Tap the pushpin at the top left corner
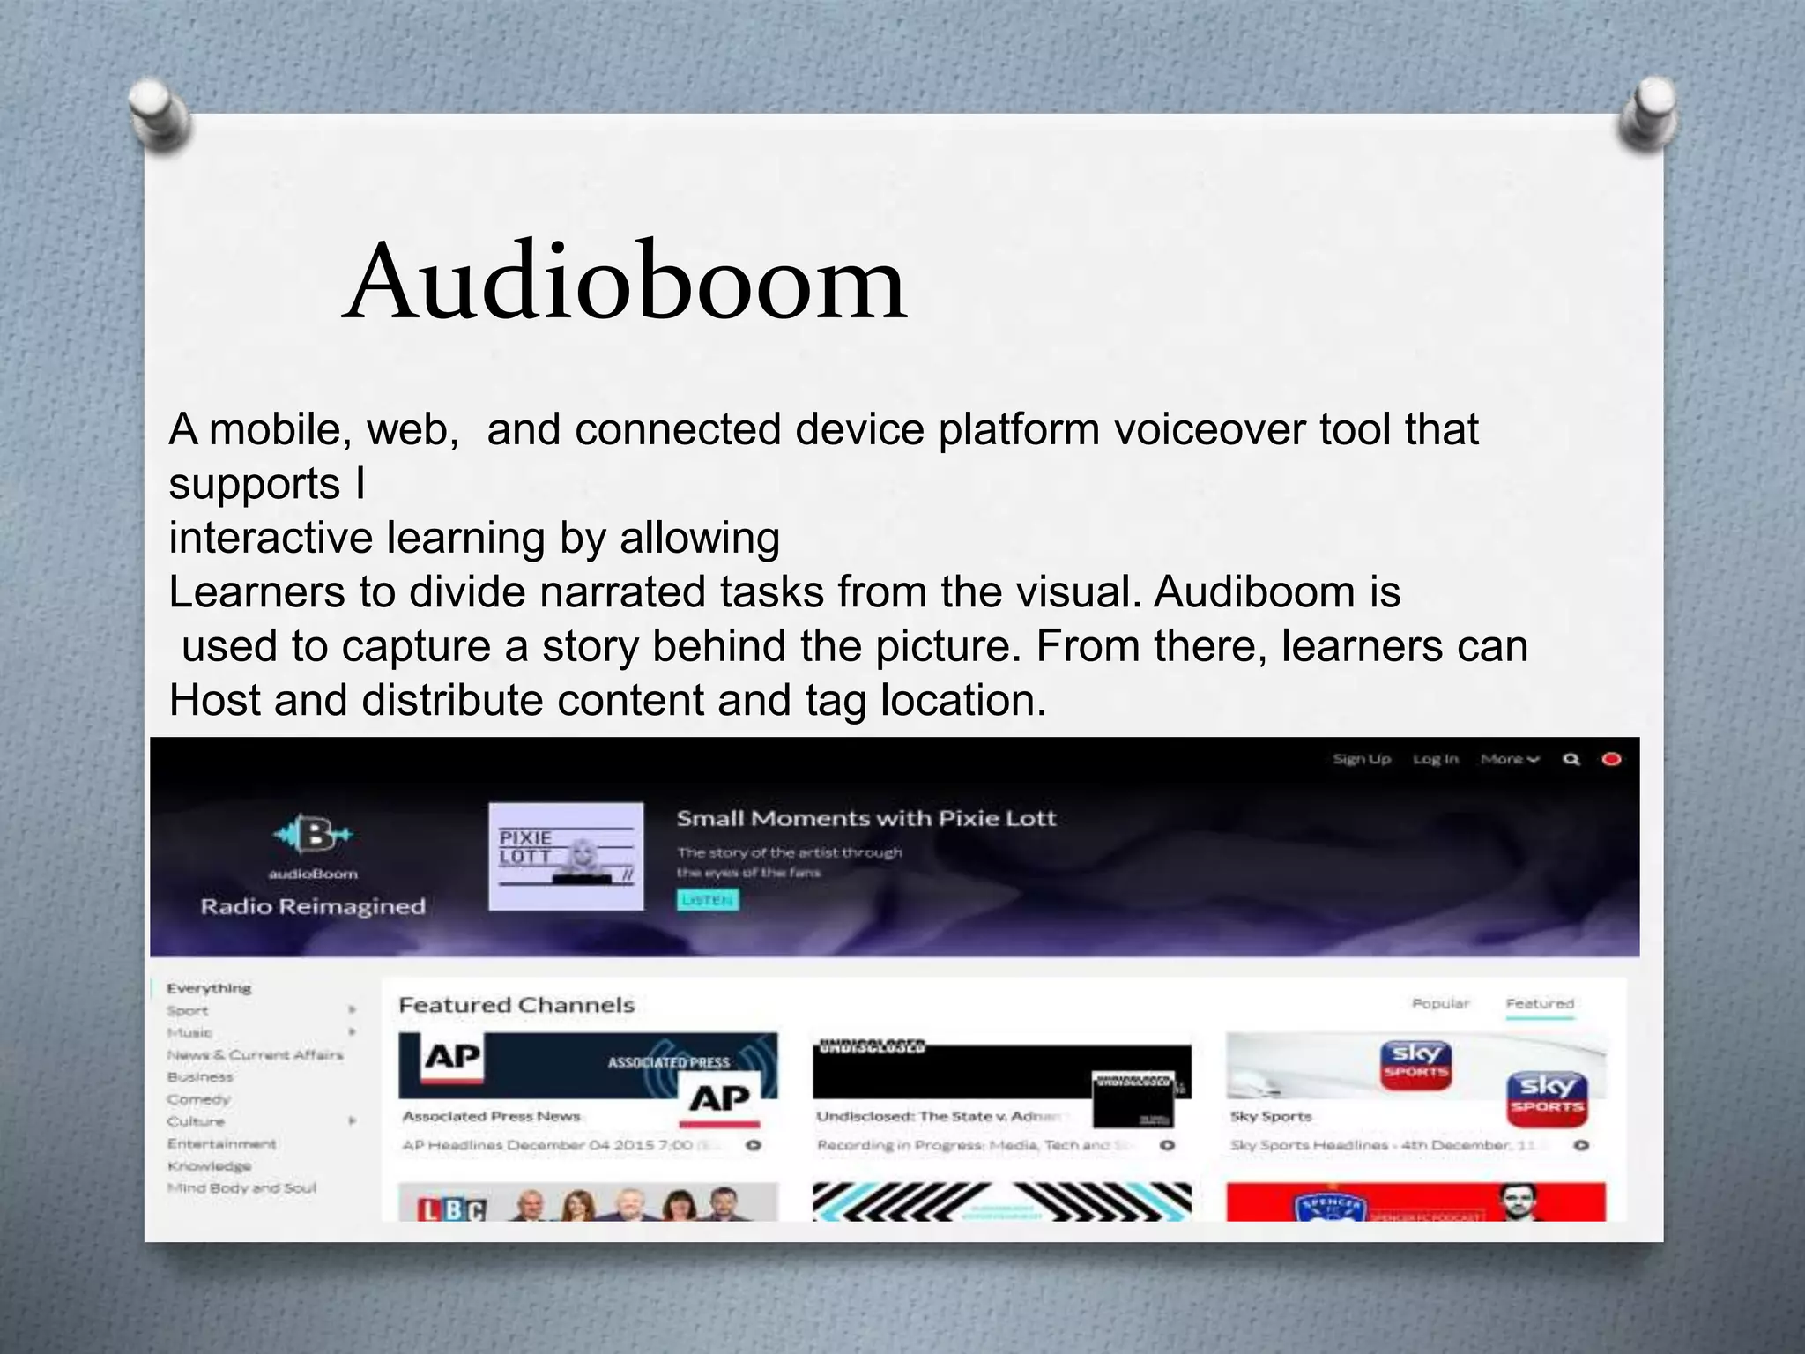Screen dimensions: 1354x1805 (x=159, y=115)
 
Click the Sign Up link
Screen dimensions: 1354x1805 (x=1362, y=759)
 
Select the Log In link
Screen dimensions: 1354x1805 (x=1436, y=759)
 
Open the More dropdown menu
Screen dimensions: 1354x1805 (x=1509, y=759)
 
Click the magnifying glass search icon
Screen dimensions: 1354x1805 (x=1571, y=759)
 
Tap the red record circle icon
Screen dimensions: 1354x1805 (x=1611, y=759)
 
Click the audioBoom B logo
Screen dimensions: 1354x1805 (x=313, y=834)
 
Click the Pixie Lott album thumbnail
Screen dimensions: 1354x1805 (x=566, y=855)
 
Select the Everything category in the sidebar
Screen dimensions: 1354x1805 (x=209, y=988)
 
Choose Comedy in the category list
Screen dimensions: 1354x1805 (x=198, y=1099)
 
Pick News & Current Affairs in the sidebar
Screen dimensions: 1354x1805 (x=255, y=1055)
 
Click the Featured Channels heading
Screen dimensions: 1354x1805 (x=516, y=1005)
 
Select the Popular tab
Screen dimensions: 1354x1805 (x=1440, y=1004)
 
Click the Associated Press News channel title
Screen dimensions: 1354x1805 (x=491, y=1117)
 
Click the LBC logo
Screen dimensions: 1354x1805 (x=452, y=1209)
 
